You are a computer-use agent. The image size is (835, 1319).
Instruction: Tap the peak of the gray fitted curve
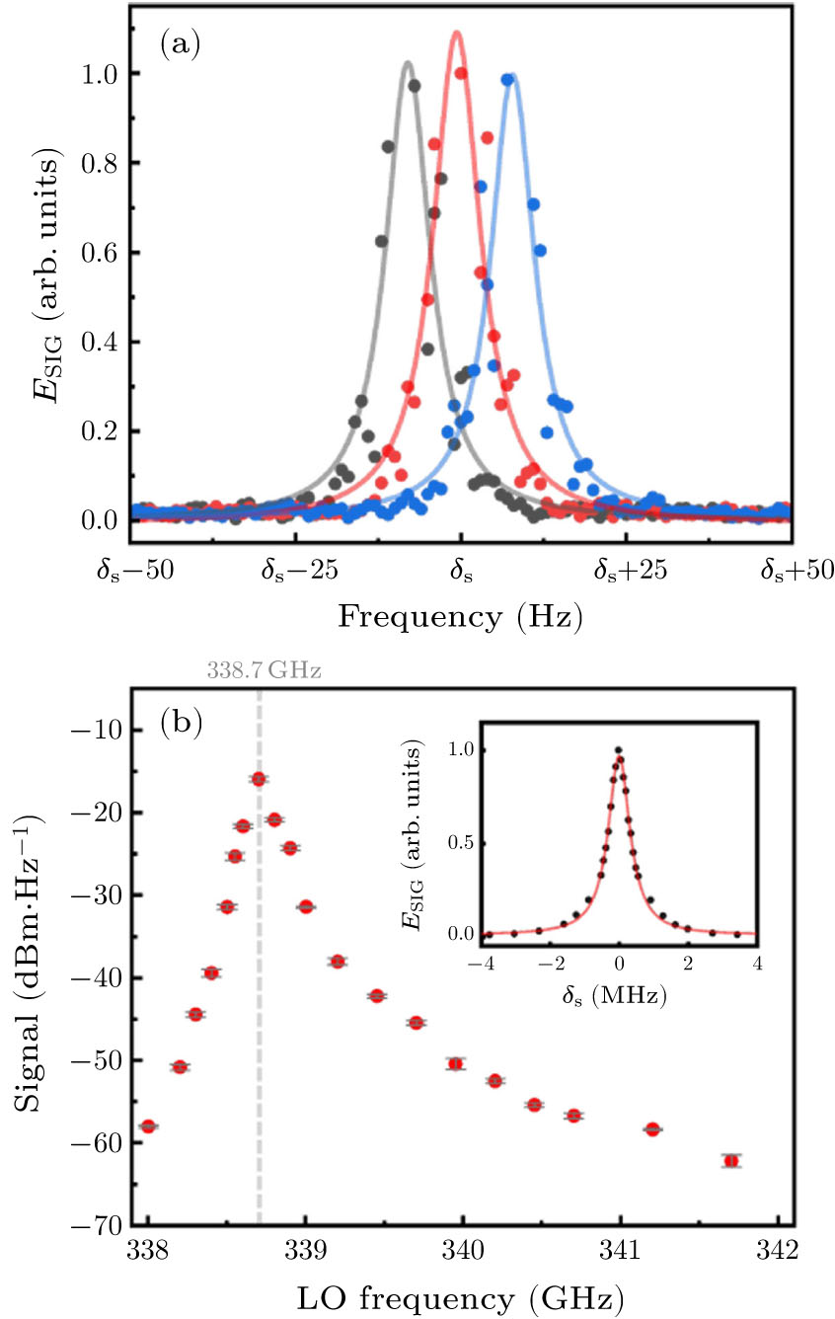pos(407,63)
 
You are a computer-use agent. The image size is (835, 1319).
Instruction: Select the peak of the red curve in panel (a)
pos(456,32)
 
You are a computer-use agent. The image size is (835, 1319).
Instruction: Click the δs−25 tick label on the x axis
pos(294,570)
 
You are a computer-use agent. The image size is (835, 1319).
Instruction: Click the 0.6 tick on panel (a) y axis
pos(99,252)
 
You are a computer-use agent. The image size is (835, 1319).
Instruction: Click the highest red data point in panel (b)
pos(259,779)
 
